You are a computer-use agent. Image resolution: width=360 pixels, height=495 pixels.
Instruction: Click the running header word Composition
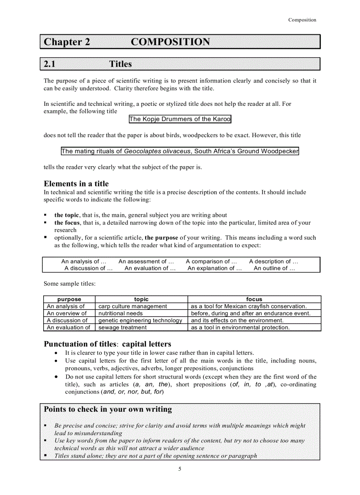pos(302,20)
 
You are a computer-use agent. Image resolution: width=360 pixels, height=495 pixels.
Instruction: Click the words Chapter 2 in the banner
pos(67,42)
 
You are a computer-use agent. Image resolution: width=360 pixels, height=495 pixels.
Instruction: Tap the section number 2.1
pos(49,64)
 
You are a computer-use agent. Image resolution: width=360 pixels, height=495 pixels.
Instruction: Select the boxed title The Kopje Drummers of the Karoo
pos(180,119)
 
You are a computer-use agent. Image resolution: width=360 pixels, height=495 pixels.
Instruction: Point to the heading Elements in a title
pos(76,184)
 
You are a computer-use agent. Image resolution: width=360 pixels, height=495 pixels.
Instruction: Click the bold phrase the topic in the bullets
pos(67,215)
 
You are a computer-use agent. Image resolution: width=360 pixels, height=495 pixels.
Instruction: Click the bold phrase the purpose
pos(161,238)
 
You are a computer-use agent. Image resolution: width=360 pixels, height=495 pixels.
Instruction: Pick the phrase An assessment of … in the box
pos(146,261)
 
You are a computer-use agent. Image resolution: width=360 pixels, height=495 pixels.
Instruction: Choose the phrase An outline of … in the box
pos(274,268)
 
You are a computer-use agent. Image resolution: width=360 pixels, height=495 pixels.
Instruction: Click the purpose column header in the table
pos(69,299)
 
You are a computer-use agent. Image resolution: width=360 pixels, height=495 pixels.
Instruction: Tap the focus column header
pos(254,299)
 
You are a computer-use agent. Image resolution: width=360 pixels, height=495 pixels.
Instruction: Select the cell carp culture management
pos(133,306)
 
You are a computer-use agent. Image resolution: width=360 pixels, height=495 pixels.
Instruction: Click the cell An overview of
pos(67,313)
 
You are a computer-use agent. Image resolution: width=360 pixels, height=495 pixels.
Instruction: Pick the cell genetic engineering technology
pos(140,320)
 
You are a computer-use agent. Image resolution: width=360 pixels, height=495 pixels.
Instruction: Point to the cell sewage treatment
pos(123,328)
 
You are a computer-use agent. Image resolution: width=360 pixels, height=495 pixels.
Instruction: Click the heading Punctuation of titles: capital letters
pos(107,344)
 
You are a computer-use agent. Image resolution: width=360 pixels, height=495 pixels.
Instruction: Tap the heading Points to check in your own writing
pos(108,409)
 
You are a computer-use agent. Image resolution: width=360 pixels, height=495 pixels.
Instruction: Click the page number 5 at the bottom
pos(180,469)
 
